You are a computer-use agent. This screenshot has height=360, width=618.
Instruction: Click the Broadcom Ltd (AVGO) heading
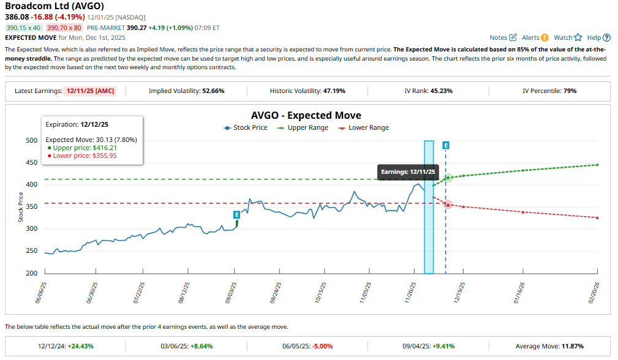click(54, 6)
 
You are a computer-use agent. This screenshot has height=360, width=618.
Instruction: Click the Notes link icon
click(513, 37)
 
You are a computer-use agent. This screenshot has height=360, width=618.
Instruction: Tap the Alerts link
click(535, 37)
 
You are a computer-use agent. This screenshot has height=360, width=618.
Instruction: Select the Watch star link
click(567, 37)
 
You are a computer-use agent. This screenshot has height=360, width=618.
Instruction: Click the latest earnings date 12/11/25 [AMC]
click(96, 91)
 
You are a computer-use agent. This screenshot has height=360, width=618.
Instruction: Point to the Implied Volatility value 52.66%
click(213, 91)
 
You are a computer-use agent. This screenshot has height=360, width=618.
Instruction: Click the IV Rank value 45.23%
click(440, 91)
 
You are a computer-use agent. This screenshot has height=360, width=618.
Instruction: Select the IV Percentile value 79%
click(567, 91)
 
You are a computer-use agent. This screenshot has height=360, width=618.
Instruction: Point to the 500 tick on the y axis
click(32, 140)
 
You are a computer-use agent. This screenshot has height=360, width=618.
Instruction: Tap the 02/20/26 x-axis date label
click(594, 293)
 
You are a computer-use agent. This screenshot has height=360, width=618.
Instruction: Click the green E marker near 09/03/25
click(236, 215)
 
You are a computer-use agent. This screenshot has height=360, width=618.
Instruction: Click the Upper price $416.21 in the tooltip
click(81, 148)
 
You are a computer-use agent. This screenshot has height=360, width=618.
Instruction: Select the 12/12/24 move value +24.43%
click(81, 346)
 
